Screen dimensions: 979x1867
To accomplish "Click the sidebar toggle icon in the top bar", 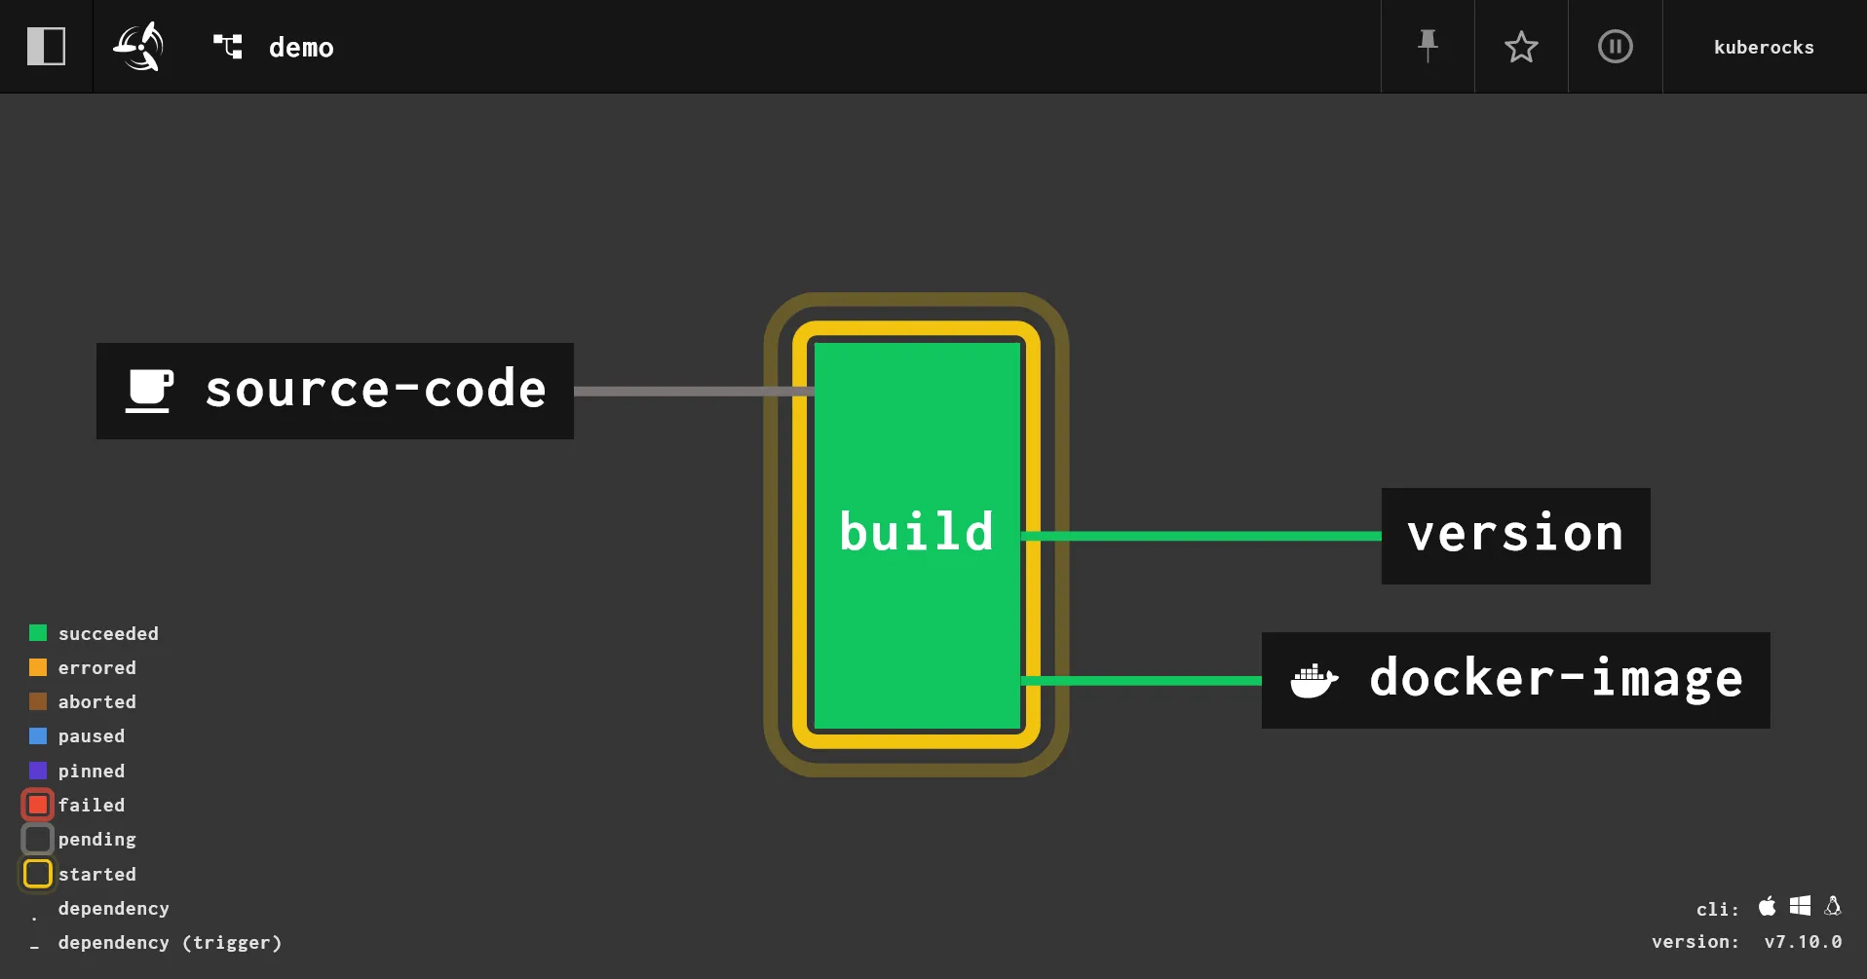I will [46, 47].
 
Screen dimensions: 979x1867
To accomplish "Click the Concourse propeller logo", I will [138, 47].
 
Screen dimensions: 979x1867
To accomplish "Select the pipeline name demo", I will [301, 48].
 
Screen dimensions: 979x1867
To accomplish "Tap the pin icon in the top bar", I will [1428, 46].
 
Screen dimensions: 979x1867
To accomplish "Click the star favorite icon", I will [1521, 47].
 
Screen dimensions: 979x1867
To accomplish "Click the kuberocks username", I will [1764, 48].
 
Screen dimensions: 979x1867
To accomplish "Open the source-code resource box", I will [334, 391].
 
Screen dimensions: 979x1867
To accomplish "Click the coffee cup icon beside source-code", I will [150, 391].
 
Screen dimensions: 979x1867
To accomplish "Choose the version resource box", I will [1515, 536].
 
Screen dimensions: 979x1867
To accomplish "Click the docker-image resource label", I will [1555, 679].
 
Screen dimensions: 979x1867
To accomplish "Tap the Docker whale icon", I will [1314, 680].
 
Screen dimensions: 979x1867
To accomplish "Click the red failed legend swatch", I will [38, 805].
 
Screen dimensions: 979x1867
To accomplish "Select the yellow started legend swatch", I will [38, 874].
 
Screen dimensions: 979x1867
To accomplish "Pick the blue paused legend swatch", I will [38, 735].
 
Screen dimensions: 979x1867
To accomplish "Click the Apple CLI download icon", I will [1767, 907].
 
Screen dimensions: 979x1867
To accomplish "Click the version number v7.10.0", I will [1803, 942].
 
